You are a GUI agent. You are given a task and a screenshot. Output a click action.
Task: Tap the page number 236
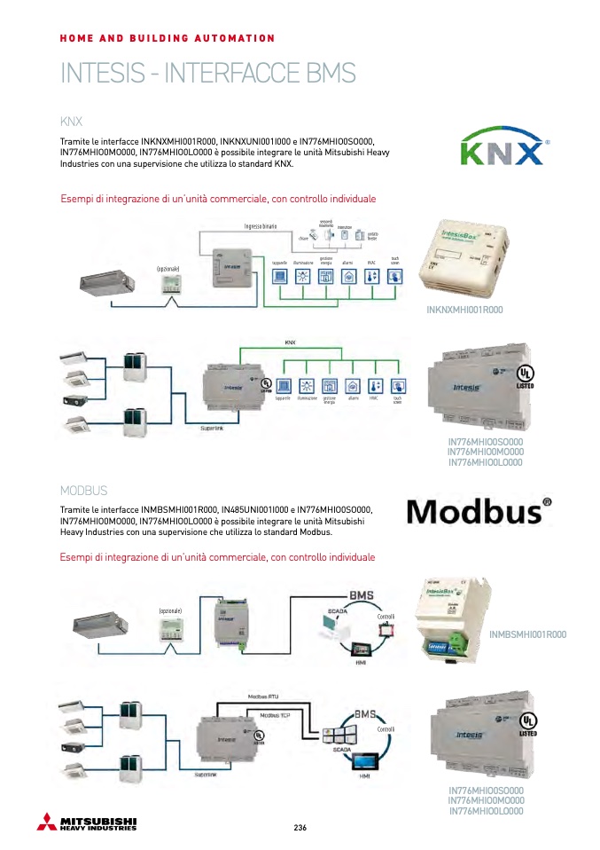pyautogui.click(x=300, y=828)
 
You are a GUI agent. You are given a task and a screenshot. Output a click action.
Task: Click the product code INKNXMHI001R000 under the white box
pyautogui.click(x=464, y=311)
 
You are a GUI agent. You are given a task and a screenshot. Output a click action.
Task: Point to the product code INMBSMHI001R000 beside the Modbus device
pyautogui.click(x=527, y=634)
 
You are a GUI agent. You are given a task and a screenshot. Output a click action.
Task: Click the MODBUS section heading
pyautogui.click(x=83, y=490)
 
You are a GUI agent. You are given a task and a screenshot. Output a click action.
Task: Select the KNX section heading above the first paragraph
pyautogui.click(x=71, y=121)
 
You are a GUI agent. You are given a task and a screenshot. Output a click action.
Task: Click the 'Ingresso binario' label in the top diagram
pyautogui.click(x=261, y=226)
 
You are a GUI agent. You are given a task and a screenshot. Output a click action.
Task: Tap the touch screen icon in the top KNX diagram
pyautogui.click(x=395, y=276)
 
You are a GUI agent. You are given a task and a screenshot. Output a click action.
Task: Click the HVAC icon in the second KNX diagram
pyautogui.click(x=375, y=387)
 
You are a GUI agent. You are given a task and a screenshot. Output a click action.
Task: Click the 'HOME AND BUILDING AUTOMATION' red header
pyautogui.click(x=168, y=38)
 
